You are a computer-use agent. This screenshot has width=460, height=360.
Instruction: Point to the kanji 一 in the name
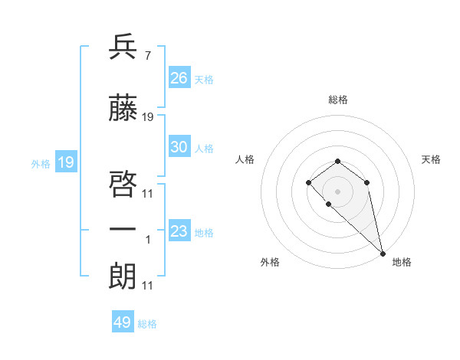coord(123,230)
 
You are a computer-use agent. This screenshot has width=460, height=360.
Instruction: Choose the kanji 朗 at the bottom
coord(123,277)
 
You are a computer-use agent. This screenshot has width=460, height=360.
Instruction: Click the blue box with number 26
coord(179,78)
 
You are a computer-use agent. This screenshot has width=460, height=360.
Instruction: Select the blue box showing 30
coord(179,147)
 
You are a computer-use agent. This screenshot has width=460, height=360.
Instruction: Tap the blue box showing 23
coord(179,231)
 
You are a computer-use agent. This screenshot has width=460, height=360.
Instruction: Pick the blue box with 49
coord(123,322)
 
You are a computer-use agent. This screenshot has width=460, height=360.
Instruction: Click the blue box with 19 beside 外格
coord(65,162)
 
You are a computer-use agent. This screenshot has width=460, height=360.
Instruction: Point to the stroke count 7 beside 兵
coord(146,56)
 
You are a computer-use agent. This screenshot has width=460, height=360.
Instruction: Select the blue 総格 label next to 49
coord(147,324)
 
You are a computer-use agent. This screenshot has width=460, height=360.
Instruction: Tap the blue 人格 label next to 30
coord(204,149)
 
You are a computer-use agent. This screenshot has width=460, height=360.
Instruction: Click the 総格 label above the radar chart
coord(337,100)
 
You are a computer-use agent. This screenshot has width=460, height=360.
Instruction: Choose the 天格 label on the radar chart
coord(431,159)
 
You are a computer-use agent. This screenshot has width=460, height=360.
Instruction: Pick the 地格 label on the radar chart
coord(402,262)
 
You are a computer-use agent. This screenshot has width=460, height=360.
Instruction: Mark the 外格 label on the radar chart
coord(270,262)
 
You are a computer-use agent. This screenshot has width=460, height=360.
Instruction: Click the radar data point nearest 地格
coord(383,253)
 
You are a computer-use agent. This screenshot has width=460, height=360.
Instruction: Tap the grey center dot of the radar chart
coord(337,190)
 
